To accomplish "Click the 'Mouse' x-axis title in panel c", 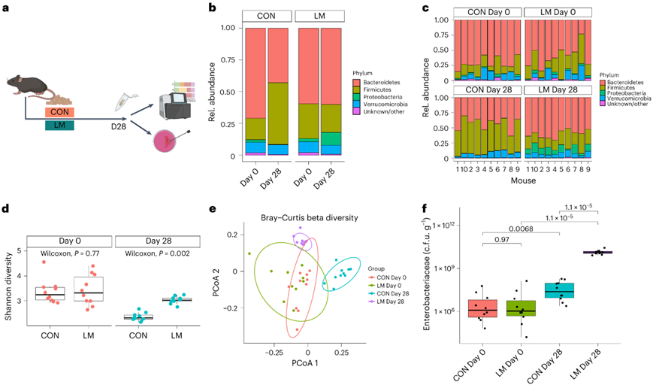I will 524,181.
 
